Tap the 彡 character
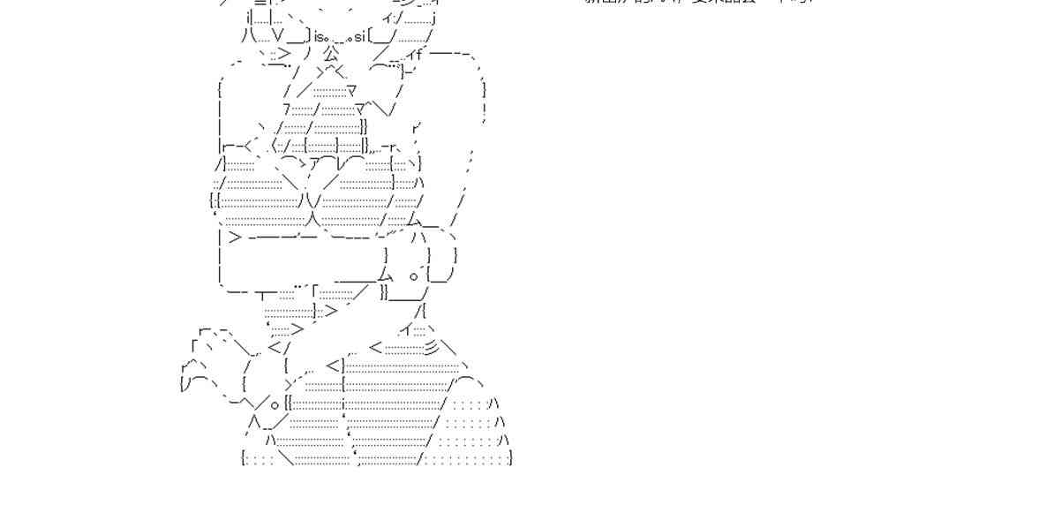[431, 348]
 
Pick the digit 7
[287, 109]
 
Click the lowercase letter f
[419, 53]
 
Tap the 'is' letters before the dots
[320, 36]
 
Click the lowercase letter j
[434, 17]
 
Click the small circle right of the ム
[413, 275]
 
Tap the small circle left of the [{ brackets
[275, 405]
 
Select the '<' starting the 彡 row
[376, 348]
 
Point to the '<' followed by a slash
[275, 348]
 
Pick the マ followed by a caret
[359, 109]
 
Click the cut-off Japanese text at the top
[697, 3]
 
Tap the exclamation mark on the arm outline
[485, 110]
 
